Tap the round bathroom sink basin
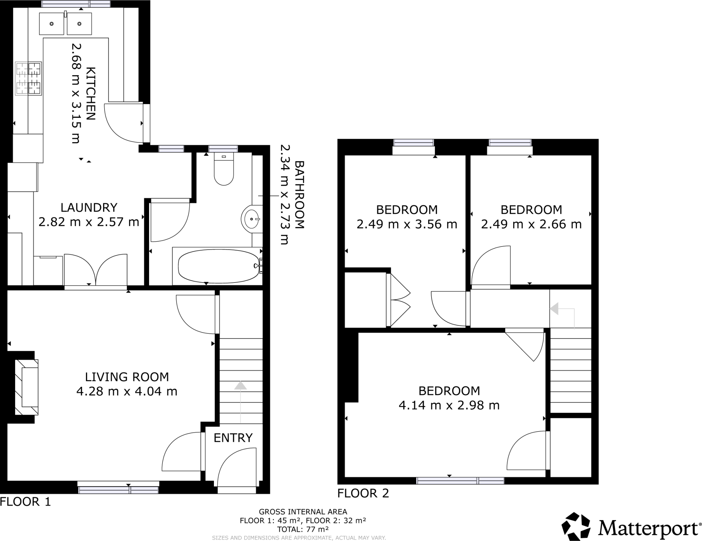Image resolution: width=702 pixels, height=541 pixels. [x=252, y=219]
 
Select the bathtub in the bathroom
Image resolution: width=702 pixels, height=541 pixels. [x=219, y=266]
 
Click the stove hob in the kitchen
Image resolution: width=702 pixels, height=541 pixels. [x=28, y=79]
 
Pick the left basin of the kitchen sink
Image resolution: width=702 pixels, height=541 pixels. [x=52, y=24]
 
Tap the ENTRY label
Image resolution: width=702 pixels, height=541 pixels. [x=233, y=438]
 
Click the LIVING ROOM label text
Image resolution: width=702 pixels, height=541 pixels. [x=127, y=377]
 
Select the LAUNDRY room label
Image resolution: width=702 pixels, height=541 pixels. [x=89, y=207]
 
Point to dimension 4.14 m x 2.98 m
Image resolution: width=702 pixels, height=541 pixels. [x=449, y=405]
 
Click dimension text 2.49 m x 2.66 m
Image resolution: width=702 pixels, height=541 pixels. [x=531, y=224]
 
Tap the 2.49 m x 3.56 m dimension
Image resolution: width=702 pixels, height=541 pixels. [x=407, y=224]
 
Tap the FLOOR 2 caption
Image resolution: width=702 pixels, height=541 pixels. [x=363, y=493]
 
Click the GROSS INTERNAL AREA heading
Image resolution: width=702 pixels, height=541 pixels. [x=303, y=512]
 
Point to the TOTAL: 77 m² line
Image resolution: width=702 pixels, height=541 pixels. [x=303, y=529]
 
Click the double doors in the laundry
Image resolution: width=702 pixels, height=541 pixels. [x=96, y=269]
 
